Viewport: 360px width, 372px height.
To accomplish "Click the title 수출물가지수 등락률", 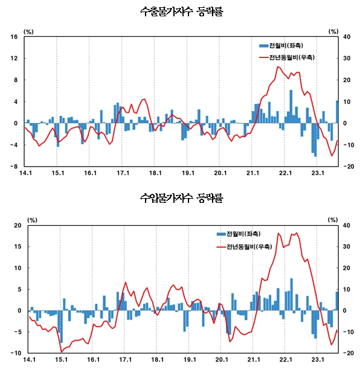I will [x=180, y=11].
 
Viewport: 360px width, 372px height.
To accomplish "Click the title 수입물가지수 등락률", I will [x=180, y=197].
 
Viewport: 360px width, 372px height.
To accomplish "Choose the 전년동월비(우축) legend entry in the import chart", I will [x=248, y=246].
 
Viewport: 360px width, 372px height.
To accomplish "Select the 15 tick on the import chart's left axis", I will [x=18, y=246].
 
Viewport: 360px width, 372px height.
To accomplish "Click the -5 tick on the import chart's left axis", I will [x=18, y=332].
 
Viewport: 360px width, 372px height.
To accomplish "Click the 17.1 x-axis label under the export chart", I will [x=123, y=173].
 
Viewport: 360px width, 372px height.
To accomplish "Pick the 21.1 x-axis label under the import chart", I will [x=253, y=360].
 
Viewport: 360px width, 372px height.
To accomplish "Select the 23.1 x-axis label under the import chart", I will [x=318, y=360].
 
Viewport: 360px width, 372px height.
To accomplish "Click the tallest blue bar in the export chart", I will [x=291, y=106].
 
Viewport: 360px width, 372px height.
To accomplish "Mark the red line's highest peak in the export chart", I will [x=278, y=66].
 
